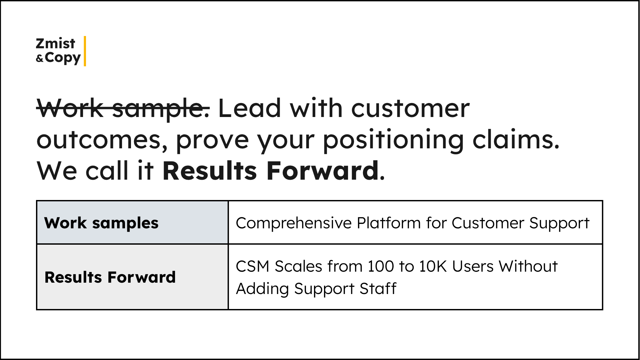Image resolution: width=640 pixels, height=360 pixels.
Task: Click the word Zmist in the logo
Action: coord(55,44)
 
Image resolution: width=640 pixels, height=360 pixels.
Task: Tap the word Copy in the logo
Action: coord(63,58)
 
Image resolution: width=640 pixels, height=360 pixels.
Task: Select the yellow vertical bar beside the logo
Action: coord(85,51)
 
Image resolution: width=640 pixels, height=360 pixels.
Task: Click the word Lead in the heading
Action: coord(250,108)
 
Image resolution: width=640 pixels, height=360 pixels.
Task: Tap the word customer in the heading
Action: coord(410,108)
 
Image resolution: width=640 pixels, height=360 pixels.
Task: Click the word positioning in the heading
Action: coord(393,139)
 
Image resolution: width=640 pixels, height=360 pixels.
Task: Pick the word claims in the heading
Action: coord(515,139)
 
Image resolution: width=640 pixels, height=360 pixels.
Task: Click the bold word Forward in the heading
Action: coord(322,171)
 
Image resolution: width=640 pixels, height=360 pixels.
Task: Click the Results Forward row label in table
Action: coord(110,277)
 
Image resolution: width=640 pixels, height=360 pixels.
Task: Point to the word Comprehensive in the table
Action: coord(294,223)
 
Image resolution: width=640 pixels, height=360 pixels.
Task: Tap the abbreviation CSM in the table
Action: coord(252,266)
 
